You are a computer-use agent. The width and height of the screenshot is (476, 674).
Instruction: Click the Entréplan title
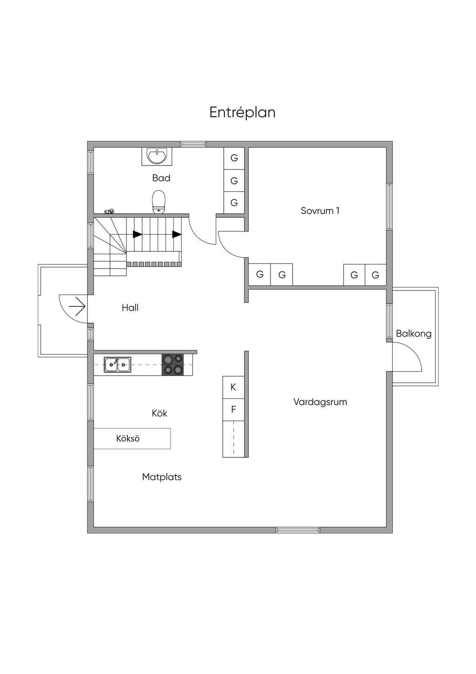[242, 113]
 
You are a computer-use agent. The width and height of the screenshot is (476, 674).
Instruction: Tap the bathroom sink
[157, 156]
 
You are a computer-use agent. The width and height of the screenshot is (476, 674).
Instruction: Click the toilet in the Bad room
[159, 202]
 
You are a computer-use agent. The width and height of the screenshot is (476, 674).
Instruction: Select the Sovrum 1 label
[320, 210]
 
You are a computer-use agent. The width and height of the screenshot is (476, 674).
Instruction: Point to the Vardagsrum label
[320, 402]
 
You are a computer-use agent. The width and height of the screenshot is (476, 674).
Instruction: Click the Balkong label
[414, 334]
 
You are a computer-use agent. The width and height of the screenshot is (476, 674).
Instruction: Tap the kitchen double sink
[118, 364]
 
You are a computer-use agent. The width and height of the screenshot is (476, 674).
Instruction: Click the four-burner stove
[172, 364]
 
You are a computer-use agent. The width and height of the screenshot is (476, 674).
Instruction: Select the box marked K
[233, 387]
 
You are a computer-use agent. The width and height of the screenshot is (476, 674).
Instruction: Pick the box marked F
[233, 409]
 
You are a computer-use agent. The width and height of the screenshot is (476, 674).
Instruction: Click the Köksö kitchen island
[132, 438]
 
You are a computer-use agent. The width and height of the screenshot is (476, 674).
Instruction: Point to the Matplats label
[162, 477]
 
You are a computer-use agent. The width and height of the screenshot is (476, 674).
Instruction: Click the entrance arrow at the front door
[78, 307]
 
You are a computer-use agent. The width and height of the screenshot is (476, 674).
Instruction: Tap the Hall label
[130, 308]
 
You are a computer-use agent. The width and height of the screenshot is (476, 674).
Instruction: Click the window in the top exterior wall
[193, 144]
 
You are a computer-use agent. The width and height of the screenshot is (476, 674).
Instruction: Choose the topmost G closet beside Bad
[234, 158]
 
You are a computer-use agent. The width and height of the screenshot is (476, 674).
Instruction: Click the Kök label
[159, 413]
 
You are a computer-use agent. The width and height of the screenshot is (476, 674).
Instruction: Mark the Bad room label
[161, 178]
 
